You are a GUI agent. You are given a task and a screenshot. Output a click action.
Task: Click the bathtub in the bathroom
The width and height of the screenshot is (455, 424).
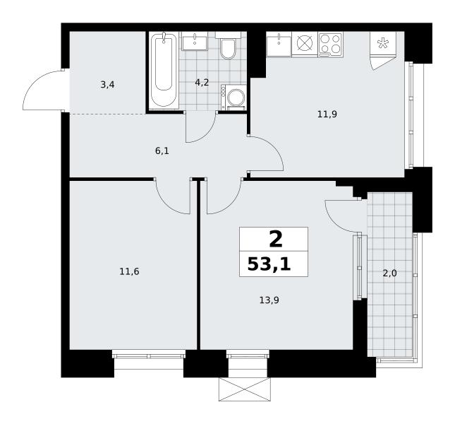click(x=164, y=71)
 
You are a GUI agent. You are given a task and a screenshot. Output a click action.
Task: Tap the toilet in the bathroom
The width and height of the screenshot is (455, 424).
click(x=228, y=46)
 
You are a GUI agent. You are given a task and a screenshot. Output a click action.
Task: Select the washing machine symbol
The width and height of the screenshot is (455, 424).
click(x=233, y=98)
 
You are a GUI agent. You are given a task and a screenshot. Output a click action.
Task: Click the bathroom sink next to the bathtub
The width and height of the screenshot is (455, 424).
click(x=195, y=41)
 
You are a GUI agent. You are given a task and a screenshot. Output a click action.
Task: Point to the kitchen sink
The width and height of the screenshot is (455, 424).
click(x=279, y=44)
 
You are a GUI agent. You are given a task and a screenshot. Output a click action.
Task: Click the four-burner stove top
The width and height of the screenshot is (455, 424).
click(x=331, y=44)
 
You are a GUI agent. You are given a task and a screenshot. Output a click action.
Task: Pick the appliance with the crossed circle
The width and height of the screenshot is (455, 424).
click(x=305, y=44)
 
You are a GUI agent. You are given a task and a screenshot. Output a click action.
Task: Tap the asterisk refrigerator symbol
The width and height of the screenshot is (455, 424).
click(x=383, y=43)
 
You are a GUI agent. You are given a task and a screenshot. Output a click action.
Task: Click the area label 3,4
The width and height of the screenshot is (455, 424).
click(x=107, y=85)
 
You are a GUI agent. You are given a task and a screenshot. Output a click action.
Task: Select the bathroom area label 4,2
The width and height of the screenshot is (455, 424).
click(x=202, y=83)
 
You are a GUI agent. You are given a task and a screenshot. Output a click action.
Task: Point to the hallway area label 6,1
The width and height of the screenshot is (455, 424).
click(x=162, y=151)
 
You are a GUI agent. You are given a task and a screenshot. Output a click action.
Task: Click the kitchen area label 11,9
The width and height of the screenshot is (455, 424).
click(x=327, y=114)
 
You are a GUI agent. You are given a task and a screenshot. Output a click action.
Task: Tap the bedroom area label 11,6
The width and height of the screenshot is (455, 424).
click(x=129, y=272)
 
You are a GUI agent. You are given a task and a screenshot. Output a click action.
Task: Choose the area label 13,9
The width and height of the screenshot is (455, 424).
click(x=269, y=300)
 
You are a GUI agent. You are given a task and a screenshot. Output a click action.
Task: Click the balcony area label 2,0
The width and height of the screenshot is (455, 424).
click(x=389, y=273)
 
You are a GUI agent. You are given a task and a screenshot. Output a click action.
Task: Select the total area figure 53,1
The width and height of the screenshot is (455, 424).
click(x=269, y=264)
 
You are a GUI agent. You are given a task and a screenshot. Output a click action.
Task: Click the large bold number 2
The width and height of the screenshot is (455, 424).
click(x=276, y=240)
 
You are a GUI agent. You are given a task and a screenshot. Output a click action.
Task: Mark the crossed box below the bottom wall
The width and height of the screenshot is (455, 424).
click(x=245, y=389)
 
